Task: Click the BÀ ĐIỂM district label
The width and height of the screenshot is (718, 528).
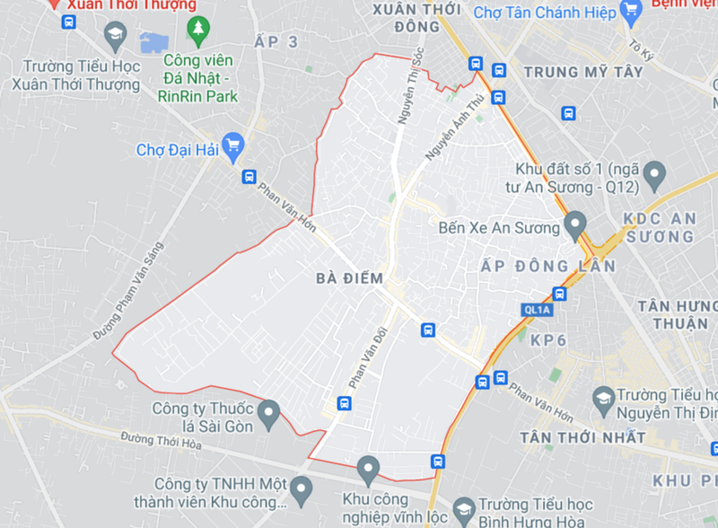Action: pyautogui.click(x=349, y=278)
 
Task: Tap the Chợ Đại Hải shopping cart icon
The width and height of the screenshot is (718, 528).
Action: pyautogui.click(x=233, y=148)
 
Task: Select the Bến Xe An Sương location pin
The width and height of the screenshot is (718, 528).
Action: pyautogui.click(x=574, y=224)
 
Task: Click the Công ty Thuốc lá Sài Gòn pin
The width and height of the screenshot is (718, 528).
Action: pyautogui.click(x=267, y=415)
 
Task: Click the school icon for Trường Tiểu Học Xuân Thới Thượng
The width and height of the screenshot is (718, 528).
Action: pyautogui.click(x=116, y=38)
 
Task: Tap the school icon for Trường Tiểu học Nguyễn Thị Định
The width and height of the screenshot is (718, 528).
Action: pyautogui.click(x=603, y=395)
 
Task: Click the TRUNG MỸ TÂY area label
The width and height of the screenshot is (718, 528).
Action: pyautogui.click(x=583, y=72)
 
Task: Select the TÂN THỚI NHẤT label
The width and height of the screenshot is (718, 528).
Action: pyautogui.click(x=582, y=437)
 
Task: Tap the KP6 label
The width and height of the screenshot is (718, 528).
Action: pyautogui.click(x=549, y=341)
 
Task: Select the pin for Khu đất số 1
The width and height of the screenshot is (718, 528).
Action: pyautogui.click(x=655, y=172)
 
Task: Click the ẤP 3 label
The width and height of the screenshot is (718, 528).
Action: pyautogui.click(x=276, y=42)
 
